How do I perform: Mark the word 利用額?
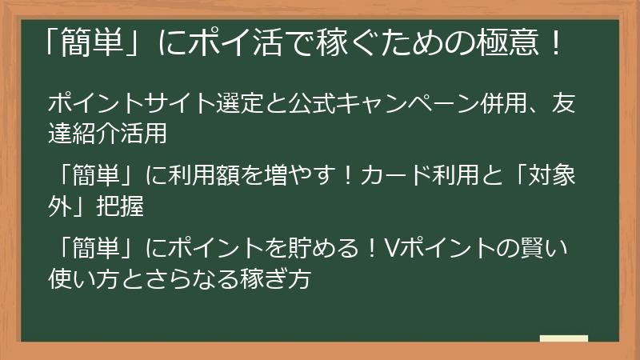click(219, 174)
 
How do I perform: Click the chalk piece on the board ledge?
click(563, 338)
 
